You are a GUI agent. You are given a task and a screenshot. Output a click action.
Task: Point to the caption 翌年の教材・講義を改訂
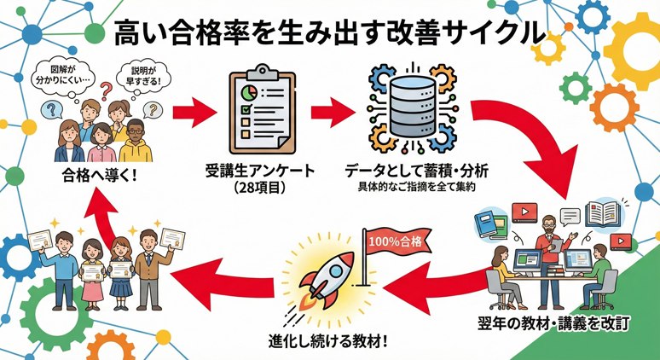click(x=557, y=325)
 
